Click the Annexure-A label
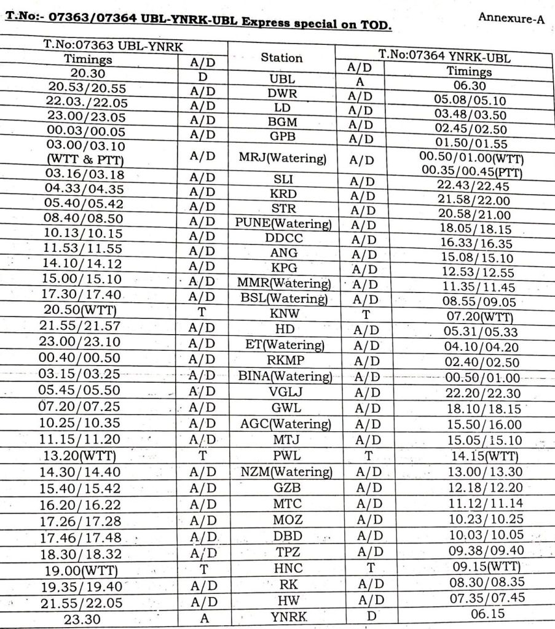click(x=511, y=18)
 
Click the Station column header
click(x=281, y=58)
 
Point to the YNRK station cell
click(x=283, y=616)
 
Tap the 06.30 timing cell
click(x=469, y=85)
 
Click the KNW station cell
click(x=284, y=314)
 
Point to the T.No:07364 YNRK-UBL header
click(x=446, y=57)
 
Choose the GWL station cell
click(x=285, y=408)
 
